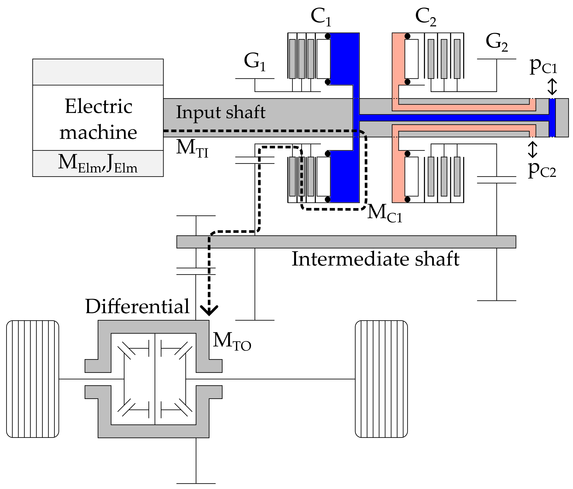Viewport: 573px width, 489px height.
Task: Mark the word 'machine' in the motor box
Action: click(98, 132)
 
